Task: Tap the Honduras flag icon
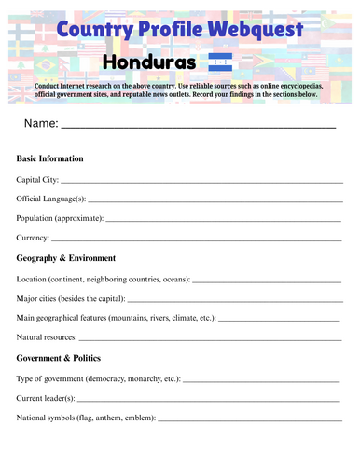tap(220, 62)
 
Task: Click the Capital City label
tap(37, 179)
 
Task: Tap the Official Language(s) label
tap(51, 199)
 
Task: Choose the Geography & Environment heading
tap(66, 258)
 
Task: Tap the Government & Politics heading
tap(59, 358)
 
